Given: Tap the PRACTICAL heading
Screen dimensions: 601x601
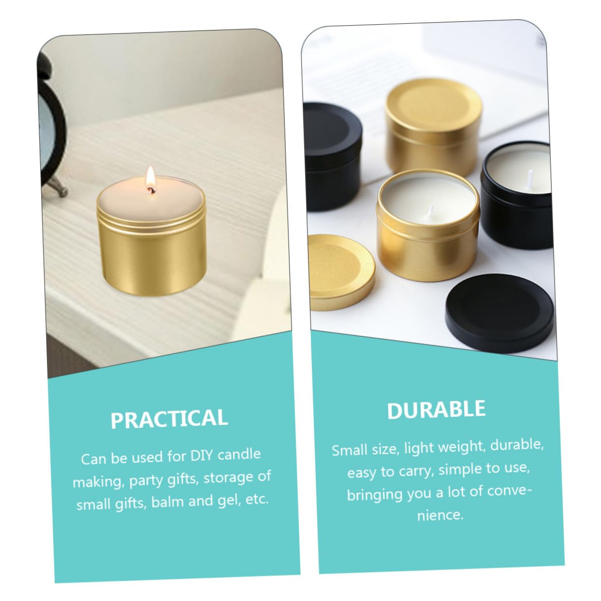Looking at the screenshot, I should [x=169, y=419].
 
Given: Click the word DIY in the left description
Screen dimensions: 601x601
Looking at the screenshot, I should [x=201, y=456].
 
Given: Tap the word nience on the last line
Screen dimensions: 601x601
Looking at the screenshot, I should [x=440, y=515].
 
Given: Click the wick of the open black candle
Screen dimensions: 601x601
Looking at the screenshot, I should [x=530, y=176].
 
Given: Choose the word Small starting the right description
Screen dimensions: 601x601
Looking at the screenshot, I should [x=350, y=450].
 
